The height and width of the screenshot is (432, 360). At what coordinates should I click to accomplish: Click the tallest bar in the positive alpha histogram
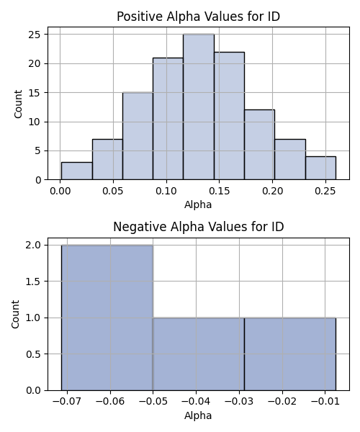199,107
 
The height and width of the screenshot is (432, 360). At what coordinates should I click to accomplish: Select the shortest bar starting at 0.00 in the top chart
77,171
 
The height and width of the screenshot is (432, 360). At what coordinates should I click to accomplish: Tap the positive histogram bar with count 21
168,119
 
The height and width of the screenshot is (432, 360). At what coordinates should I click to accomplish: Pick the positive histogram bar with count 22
229,116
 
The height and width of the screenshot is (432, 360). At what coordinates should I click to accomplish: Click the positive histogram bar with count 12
259,145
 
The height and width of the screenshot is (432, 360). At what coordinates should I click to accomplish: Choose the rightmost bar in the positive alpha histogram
320,168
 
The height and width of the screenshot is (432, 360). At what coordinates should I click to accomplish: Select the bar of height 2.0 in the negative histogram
107,318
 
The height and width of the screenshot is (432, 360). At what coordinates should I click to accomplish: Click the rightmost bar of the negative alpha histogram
290,354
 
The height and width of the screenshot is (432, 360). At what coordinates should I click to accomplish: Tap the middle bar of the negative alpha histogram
199,354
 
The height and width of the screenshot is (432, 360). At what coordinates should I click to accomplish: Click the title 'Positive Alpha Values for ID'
198,17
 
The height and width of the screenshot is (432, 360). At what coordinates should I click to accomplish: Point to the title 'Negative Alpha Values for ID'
198,227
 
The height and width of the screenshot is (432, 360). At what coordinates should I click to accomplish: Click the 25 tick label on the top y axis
34,35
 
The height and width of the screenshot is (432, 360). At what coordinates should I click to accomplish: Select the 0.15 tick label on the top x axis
220,191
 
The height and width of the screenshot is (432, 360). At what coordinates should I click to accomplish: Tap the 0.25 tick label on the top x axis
325,191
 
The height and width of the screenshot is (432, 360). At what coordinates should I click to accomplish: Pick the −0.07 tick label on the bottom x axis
67,402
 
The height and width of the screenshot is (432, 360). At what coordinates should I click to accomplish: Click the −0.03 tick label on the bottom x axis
239,402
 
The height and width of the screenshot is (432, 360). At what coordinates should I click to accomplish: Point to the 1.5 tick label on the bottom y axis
33,282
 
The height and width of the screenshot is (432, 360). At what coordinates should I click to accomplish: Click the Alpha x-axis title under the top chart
198,204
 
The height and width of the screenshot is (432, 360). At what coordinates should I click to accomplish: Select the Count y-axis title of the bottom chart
15,314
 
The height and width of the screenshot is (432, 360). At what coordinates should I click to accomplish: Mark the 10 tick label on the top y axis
34,122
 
